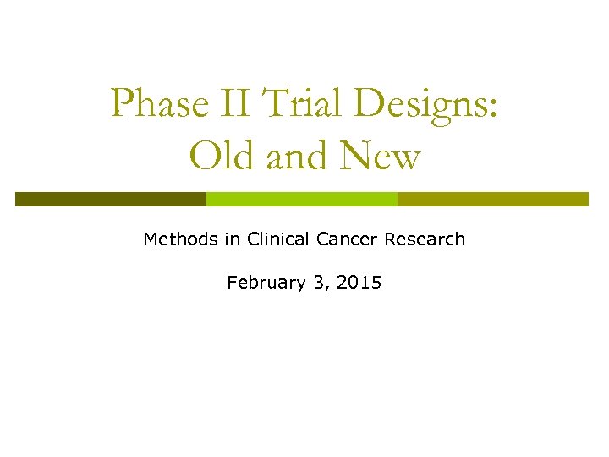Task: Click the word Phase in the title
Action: tap(160, 104)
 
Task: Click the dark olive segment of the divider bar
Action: tap(111, 199)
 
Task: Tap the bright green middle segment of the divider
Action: tap(302, 199)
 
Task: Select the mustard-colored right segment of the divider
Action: tap(492, 199)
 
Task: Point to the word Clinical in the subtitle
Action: tap(279, 240)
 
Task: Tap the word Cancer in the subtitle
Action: tap(348, 240)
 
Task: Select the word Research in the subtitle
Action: tap(425, 240)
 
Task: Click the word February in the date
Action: tap(266, 284)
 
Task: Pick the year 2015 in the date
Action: tap(359, 283)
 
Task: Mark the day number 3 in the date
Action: tap(318, 283)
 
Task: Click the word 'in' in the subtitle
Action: tap(233, 240)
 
